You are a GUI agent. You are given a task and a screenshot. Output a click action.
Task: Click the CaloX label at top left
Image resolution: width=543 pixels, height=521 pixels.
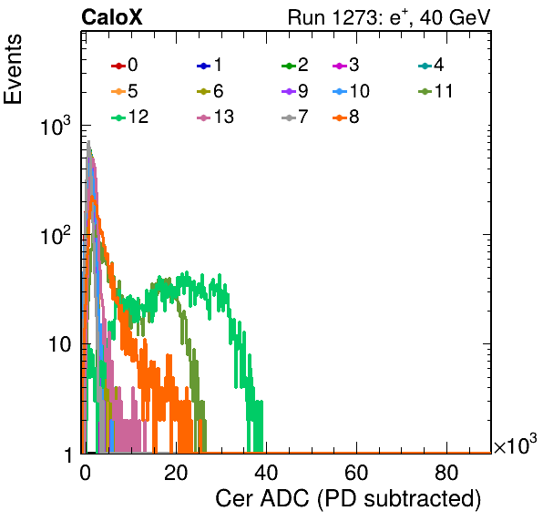click(x=112, y=17)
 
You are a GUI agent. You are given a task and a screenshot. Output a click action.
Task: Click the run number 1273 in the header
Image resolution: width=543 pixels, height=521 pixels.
click(x=353, y=17)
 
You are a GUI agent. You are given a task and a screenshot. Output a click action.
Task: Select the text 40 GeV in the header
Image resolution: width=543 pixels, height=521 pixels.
click(x=455, y=17)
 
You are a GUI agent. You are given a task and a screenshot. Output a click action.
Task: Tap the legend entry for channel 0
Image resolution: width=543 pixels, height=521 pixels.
click(x=125, y=65)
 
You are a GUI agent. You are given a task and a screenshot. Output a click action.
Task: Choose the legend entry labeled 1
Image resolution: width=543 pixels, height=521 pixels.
click(x=210, y=65)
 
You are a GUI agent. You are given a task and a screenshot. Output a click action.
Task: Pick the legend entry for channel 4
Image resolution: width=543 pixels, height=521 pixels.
click(x=431, y=65)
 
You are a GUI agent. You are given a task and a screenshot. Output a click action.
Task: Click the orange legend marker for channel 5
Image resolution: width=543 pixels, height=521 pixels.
click(x=118, y=91)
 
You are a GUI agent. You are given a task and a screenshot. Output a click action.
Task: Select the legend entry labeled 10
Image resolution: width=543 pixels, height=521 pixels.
click(x=351, y=91)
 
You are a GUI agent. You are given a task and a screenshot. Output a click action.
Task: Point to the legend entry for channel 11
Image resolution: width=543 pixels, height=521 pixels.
click(x=435, y=91)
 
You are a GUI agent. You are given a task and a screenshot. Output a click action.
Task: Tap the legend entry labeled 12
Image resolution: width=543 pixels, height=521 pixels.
click(x=130, y=117)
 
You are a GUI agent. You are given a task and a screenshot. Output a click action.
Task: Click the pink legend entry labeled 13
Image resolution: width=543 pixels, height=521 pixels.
click(x=215, y=117)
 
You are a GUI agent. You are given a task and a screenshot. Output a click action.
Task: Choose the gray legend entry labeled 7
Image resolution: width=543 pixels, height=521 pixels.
click(x=295, y=117)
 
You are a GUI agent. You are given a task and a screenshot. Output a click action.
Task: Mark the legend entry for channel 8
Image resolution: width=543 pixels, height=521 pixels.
click(x=345, y=117)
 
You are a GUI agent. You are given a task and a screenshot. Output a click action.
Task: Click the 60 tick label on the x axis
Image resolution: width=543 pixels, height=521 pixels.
click(x=356, y=473)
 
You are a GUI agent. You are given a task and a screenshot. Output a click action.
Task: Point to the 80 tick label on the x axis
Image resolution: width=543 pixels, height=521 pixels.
click(x=446, y=473)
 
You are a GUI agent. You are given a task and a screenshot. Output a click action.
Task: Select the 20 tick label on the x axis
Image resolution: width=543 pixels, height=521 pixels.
click(x=176, y=473)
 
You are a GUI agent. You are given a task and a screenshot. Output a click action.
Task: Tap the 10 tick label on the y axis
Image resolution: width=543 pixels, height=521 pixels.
click(x=59, y=344)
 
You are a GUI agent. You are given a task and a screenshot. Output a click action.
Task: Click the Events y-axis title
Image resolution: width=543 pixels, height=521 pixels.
click(x=13, y=69)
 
